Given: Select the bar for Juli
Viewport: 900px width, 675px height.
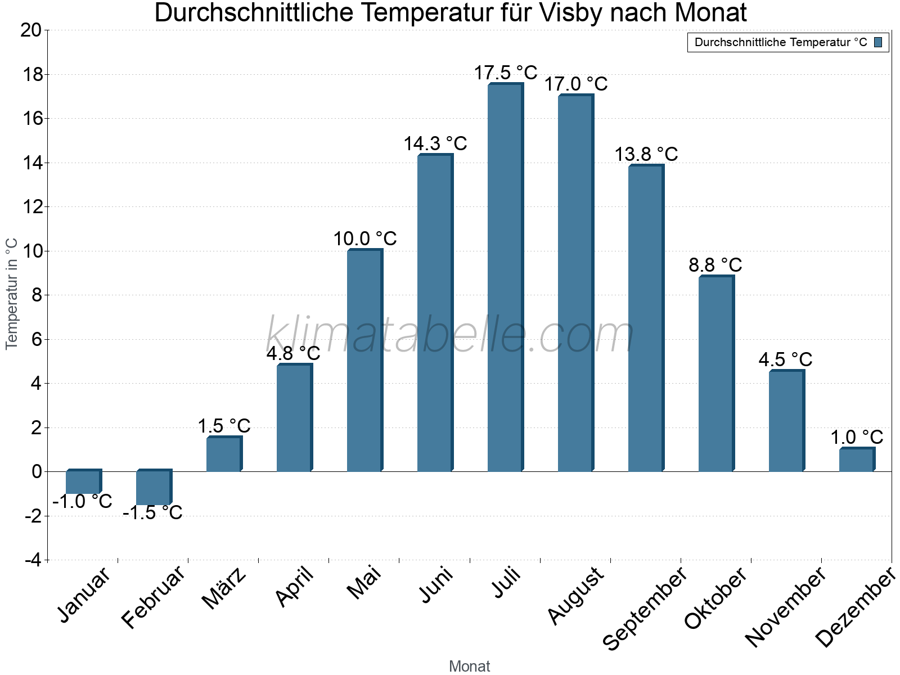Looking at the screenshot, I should [x=505, y=278].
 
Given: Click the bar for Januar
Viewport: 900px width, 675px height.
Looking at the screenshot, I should [x=83, y=482].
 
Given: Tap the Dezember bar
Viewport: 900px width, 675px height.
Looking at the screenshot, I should [x=856, y=460].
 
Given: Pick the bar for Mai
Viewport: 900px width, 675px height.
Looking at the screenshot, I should [x=364, y=361].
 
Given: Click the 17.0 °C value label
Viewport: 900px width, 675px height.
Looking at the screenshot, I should [x=575, y=84].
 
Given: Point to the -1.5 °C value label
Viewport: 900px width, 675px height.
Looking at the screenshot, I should [x=152, y=513].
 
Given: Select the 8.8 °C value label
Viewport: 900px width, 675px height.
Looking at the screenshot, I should [x=715, y=265].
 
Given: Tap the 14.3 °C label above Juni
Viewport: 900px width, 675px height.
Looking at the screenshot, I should [x=435, y=144].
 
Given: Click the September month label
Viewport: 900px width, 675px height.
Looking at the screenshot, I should [x=645, y=607].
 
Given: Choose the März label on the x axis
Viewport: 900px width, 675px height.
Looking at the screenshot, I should [x=224, y=588].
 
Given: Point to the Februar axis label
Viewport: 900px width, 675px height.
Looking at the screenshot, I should [x=153, y=596].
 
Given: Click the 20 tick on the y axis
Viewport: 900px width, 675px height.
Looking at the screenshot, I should [x=31, y=30].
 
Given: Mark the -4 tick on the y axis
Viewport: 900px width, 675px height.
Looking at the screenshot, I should [x=33, y=560].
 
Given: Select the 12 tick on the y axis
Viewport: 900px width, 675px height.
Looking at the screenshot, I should [x=31, y=207].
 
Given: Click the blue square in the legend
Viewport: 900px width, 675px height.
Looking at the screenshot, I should [x=878, y=42].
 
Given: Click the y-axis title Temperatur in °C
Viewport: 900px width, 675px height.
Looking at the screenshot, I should [x=12, y=294].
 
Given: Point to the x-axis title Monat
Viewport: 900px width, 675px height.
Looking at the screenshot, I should [x=470, y=667].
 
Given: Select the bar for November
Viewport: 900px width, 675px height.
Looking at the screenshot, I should [x=786, y=421].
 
